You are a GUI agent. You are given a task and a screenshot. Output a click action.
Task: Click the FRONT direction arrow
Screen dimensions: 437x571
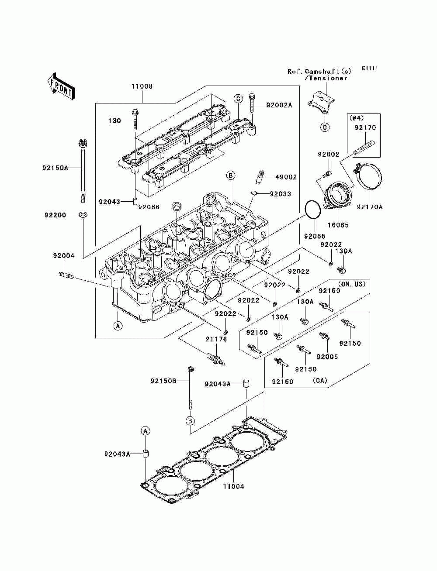[x=61, y=86]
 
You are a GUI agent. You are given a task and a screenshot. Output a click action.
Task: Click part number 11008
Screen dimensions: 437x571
[x=142, y=86]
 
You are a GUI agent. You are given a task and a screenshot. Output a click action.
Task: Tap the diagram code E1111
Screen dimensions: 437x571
[x=370, y=69]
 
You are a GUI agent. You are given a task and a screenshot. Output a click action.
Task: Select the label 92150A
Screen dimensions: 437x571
[x=55, y=168]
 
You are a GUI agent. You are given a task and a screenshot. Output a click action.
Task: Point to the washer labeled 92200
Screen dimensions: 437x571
[x=83, y=215]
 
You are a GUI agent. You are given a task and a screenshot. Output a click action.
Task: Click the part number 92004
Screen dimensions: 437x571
[x=64, y=256]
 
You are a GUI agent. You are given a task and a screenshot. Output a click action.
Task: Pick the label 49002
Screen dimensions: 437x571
[x=286, y=177]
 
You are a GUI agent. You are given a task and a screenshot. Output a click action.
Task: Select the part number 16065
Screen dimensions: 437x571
[x=338, y=225]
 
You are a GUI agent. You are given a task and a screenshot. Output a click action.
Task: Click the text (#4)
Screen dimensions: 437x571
[x=356, y=118]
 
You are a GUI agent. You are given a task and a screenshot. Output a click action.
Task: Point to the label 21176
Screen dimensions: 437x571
[x=216, y=339]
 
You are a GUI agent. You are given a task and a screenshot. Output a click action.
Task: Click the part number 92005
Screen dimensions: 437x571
[x=327, y=357]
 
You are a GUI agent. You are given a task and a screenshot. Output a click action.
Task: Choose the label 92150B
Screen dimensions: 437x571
[x=163, y=381]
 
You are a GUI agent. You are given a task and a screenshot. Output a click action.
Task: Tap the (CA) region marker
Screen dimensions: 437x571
[x=320, y=381]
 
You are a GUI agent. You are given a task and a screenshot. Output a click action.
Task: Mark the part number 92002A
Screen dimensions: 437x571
[x=279, y=105]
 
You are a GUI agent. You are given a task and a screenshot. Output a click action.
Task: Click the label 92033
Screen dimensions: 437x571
[x=280, y=194]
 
